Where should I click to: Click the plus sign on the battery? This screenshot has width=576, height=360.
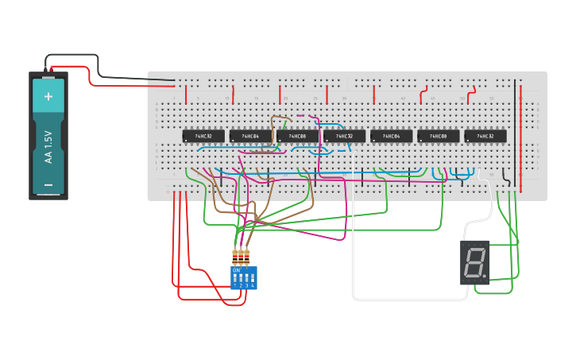point(48,96)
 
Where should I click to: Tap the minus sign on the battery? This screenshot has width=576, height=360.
point(48,185)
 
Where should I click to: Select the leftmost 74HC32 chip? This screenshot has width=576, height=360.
point(203,137)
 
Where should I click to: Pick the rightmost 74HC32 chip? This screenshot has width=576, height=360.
point(485,137)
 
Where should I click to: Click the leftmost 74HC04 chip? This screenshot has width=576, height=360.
point(250,137)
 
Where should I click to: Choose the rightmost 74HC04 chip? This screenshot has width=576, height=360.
point(391,137)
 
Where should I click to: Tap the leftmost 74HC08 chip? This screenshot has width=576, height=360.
point(297,137)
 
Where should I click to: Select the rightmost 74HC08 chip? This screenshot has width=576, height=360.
point(438,137)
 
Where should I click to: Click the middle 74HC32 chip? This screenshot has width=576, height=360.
point(344,137)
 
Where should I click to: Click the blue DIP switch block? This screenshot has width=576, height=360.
point(243,278)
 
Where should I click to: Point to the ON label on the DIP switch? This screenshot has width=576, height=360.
point(236,270)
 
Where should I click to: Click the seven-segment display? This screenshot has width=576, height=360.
point(475,262)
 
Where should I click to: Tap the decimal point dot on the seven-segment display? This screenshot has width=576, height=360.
point(484,277)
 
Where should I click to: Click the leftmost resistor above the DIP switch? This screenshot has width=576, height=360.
point(235,257)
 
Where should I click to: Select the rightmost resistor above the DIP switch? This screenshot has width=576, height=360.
point(246,257)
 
